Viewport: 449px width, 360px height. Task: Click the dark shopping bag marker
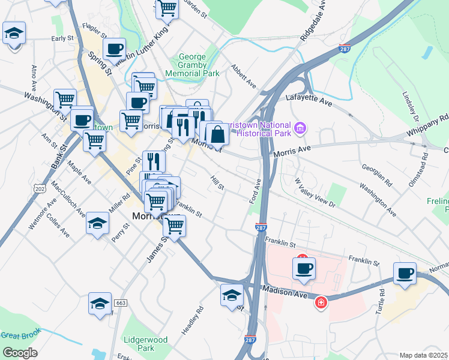click(x=217, y=134)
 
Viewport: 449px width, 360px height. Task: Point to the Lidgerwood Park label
click(x=145, y=344)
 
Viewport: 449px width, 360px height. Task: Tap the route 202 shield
click(x=40, y=188)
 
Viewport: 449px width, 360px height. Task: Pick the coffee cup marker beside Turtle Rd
click(x=405, y=274)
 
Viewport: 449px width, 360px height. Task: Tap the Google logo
click(x=19, y=353)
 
